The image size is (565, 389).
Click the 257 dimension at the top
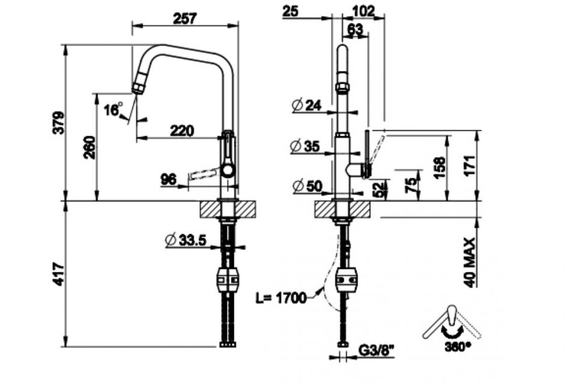(185, 19)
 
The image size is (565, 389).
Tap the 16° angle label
(112, 109)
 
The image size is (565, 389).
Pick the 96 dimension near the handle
(169, 178)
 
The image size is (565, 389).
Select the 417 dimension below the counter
(58, 274)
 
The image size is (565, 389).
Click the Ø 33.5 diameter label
(186, 240)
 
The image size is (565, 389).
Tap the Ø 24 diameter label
(307, 105)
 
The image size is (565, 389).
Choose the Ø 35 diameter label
(306, 145)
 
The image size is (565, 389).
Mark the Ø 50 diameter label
(307, 186)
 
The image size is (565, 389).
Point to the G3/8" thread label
(373, 348)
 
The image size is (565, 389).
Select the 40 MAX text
(471, 262)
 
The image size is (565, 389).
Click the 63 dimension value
(355, 28)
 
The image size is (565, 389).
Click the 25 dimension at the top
(291, 10)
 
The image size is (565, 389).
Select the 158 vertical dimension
(439, 166)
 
